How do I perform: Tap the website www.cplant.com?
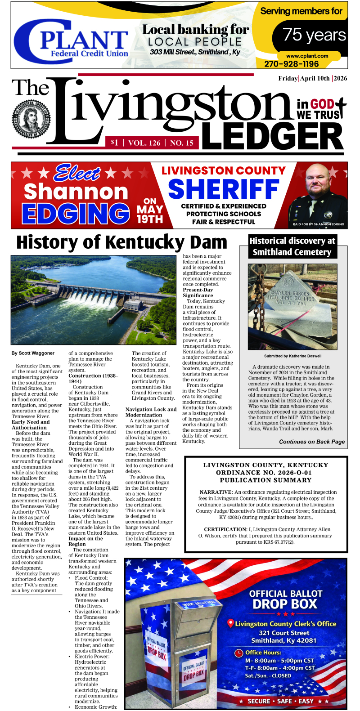(307, 56)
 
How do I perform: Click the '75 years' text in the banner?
(314, 35)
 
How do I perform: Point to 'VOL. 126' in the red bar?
(144, 143)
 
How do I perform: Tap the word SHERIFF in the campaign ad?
(224, 189)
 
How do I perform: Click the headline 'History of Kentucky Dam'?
(121, 242)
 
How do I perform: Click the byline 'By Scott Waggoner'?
(33, 353)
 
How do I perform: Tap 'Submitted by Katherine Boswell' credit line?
(292, 356)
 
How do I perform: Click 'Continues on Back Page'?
(311, 442)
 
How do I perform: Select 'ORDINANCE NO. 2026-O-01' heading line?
(264, 473)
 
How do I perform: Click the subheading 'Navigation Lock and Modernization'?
(151, 412)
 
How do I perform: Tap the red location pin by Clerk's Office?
(231, 623)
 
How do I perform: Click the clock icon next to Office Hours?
(239, 653)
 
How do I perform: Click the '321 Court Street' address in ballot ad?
(284, 633)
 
